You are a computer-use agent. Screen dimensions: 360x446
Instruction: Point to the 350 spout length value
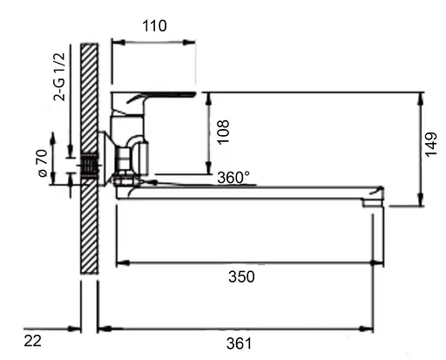241,276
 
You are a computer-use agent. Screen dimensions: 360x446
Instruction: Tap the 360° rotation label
233,177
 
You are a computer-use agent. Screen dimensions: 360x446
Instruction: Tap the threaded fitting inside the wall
89,164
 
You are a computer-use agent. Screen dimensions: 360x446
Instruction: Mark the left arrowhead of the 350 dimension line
120,262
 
